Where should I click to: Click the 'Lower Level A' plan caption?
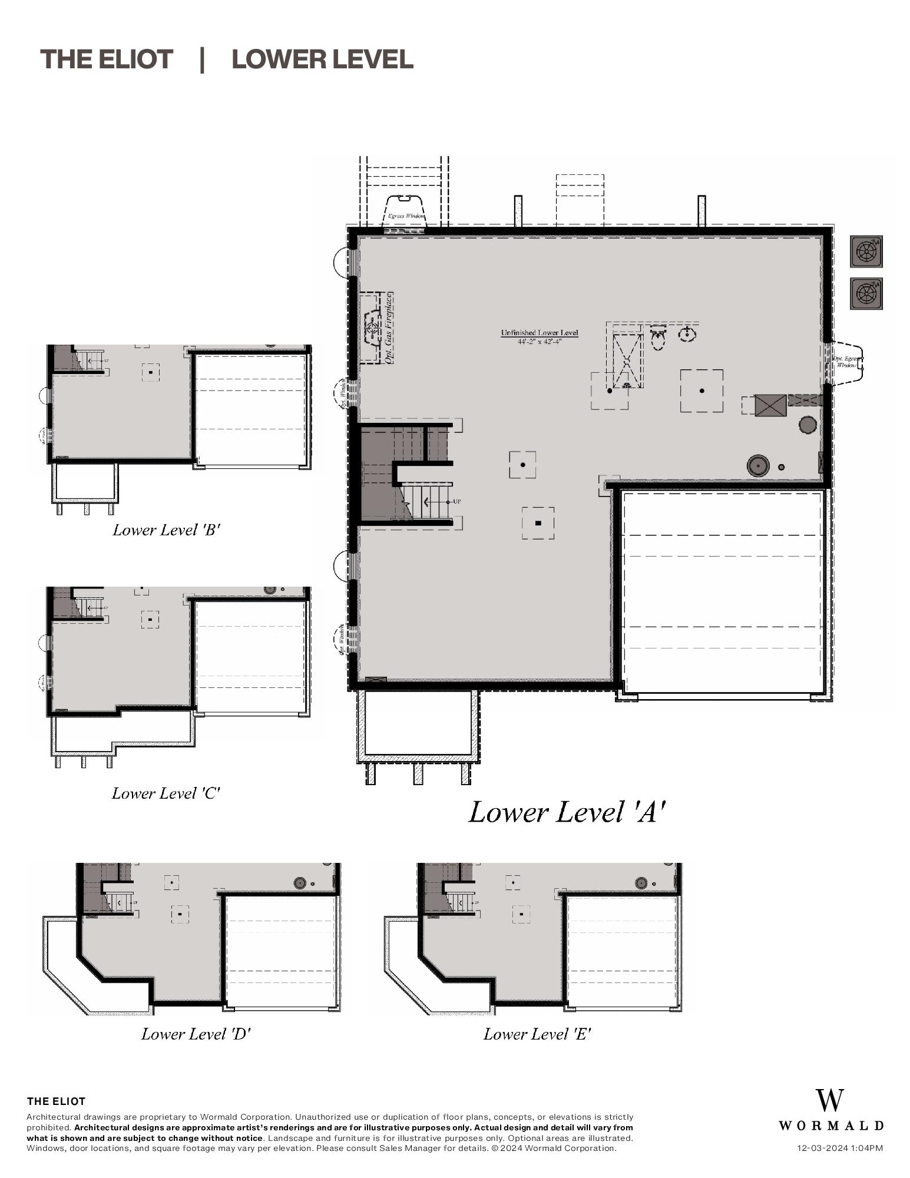click(567, 812)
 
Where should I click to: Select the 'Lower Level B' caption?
click(166, 530)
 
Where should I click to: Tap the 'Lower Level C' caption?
click(166, 793)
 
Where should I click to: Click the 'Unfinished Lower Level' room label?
click(539, 333)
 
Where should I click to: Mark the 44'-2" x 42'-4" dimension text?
click(539, 342)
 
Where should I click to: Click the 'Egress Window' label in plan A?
click(405, 216)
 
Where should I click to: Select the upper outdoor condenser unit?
click(866, 252)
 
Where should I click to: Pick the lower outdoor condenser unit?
click(866, 293)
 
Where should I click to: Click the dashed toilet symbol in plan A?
click(658, 339)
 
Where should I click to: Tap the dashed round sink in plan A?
click(687, 334)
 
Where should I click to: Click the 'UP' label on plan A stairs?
click(457, 501)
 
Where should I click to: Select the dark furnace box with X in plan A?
click(770, 405)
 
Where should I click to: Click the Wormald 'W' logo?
click(829, 1100)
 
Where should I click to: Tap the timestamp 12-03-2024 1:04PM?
click(839, 1148)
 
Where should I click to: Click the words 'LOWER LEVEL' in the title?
click(322, 59)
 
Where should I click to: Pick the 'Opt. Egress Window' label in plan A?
click(845, 362)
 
